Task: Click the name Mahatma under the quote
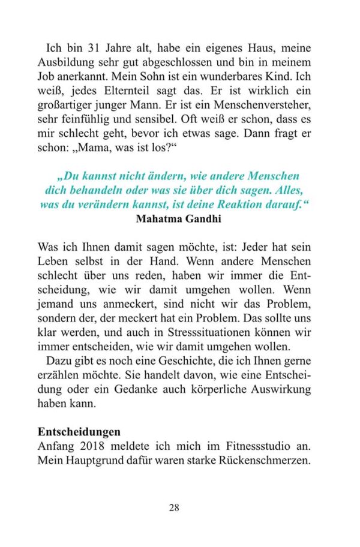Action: coord(158,218)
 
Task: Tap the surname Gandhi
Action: coord(204,218)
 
